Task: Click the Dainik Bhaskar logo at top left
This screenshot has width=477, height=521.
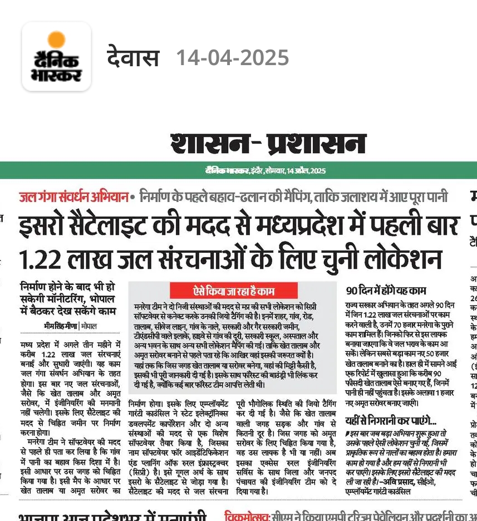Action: tap(56, 56)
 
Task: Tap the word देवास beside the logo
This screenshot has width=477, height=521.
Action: tap(133, 58)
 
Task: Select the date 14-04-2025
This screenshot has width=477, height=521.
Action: tap(232, 58)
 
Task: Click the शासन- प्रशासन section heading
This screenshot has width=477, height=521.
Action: tap(268, 143)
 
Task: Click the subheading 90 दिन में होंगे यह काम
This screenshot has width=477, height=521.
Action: tap(385, 291)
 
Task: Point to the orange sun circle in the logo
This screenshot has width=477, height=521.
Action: tap(56, 40)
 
